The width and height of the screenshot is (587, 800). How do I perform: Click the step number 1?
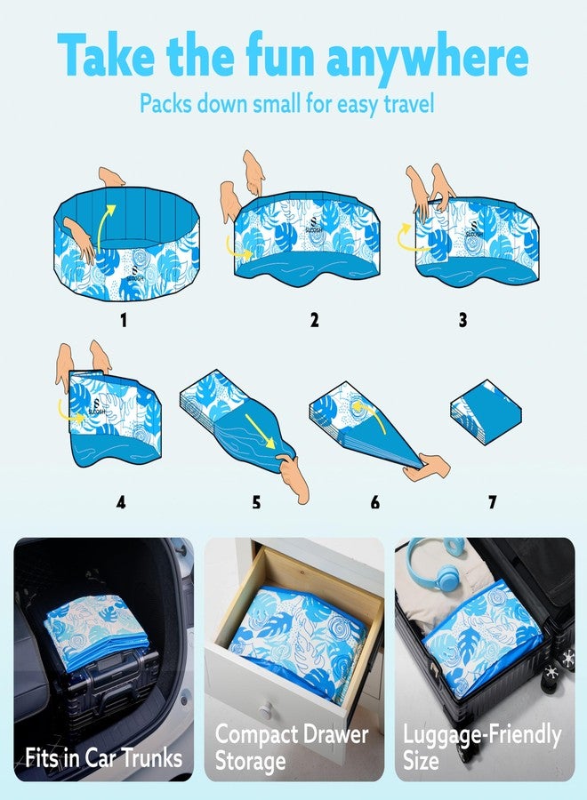coord(123,320)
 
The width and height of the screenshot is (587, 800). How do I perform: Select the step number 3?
coord(462,320)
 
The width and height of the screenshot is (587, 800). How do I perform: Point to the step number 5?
coord(256,502)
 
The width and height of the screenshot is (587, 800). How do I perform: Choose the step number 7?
coord(492,502)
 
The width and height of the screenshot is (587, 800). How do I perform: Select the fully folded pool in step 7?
coord(486,412)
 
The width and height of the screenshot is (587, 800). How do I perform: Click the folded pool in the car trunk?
coord(97,632)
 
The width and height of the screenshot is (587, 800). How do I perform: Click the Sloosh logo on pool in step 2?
coord(314,224)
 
